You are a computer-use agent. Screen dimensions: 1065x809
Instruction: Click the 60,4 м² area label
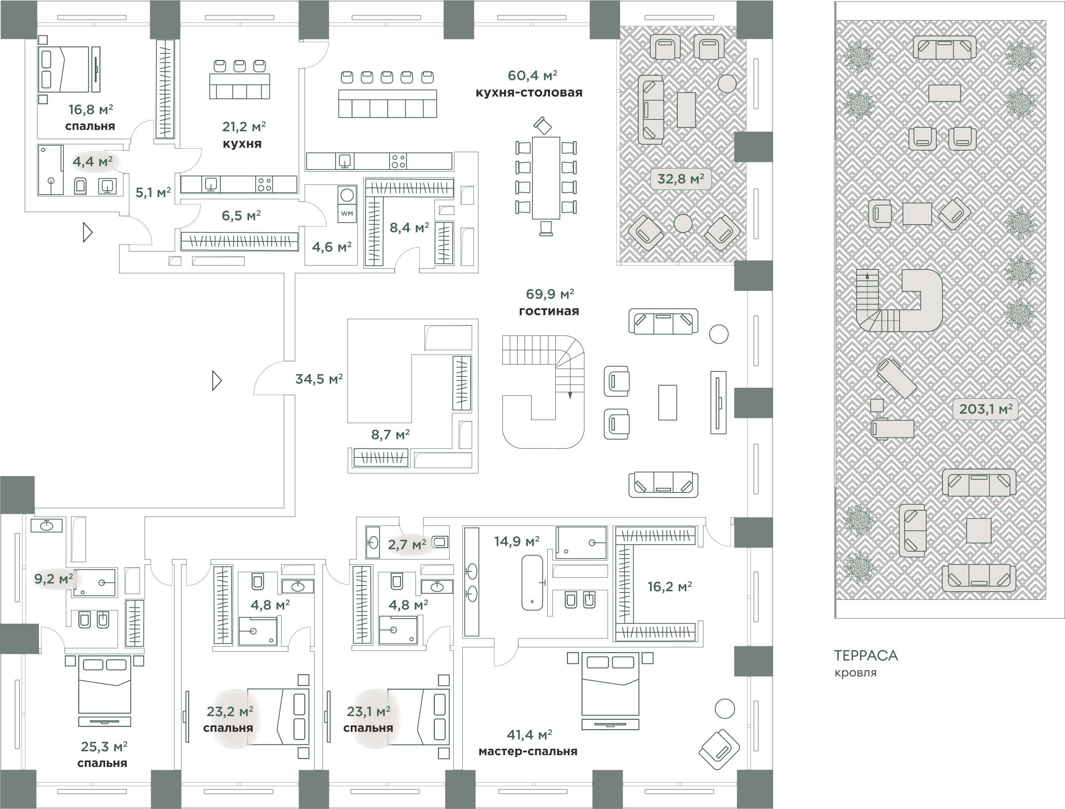coord(532,76)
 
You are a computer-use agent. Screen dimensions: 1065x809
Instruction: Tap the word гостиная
coord(549,311)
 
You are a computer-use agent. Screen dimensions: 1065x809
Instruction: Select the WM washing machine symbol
coord(347,213)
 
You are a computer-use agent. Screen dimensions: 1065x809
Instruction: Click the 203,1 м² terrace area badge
coord(986,409)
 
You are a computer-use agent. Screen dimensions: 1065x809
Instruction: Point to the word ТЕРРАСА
coord(866,655)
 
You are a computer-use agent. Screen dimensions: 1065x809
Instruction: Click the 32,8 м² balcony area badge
coord(681,179)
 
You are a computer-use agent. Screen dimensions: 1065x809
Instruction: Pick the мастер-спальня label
coord(528,751)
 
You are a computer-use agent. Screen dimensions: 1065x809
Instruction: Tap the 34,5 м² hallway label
coord(319,379)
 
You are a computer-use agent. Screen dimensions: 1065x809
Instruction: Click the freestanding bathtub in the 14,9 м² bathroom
coord(532,583)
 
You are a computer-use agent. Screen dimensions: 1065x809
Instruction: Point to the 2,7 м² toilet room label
coord(407,544)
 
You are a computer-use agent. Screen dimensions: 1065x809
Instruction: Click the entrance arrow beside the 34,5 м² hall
coord(217,380)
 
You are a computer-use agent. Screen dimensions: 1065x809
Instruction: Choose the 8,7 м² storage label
coord(390,435)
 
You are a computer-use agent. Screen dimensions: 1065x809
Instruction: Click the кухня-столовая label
coord(529,92)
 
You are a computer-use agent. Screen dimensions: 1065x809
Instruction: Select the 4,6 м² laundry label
coord(332,247)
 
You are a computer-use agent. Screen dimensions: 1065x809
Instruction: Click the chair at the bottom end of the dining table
coord(546,228)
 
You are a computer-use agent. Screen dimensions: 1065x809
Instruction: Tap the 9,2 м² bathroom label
coord(53,579)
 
